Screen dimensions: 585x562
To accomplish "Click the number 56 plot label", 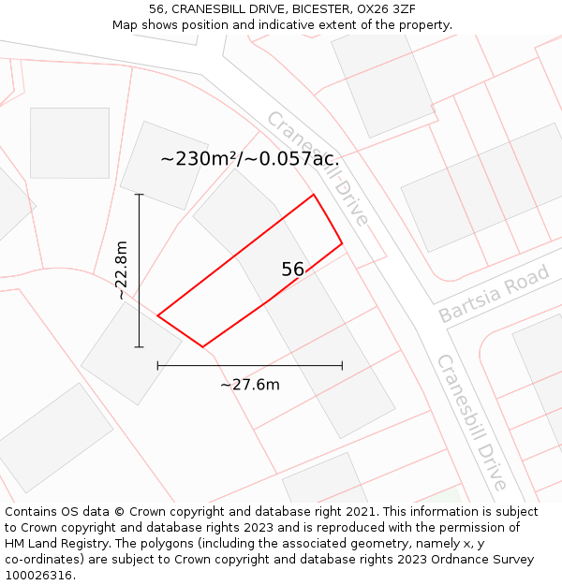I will (292, 270).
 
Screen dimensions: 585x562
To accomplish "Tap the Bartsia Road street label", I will (494, 294).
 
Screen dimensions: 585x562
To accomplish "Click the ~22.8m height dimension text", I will (122, 271).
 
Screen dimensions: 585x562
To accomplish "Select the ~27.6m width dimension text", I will (250, 384).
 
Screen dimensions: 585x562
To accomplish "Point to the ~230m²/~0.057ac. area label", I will (249, 159).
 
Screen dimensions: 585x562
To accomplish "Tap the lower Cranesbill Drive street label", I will (471, 421).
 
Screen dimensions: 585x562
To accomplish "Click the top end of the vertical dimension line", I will (140, 195).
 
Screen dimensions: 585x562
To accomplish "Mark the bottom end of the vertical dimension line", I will (140, 347).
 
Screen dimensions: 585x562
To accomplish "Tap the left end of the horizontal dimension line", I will (157, 365).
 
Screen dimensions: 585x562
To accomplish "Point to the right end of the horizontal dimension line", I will (342, 365).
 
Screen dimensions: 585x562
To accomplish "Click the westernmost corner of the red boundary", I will (157, 316).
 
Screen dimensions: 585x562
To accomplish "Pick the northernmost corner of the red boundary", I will (313, 195).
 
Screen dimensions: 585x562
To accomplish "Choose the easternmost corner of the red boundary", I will (342, 243).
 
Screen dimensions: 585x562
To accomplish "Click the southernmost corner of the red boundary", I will (202, 347).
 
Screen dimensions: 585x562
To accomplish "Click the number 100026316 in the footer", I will (38, 575).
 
